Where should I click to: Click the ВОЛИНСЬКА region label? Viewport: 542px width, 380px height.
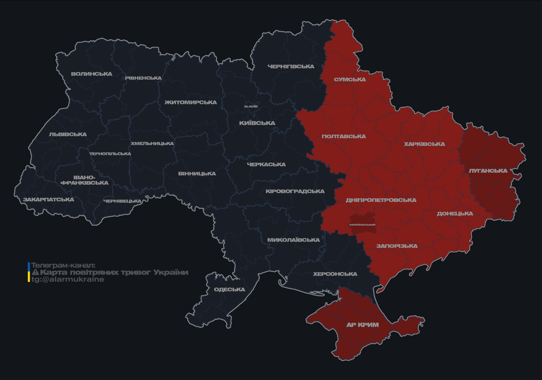click(92, 74)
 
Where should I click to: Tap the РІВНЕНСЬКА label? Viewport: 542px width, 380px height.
click(143, 78)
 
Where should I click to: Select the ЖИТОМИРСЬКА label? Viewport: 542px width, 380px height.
click(191, 102)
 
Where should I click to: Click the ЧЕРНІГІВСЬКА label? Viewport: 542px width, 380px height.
click(291, 66)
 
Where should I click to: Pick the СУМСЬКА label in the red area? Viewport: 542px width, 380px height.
click(350, 79)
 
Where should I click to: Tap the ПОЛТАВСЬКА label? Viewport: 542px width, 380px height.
click(343, 137)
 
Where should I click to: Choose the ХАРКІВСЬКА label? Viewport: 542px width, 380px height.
click(424, 144)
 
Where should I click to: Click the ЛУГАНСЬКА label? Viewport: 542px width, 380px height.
click(488, 171)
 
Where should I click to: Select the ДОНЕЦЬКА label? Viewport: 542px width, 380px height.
click(455, 214)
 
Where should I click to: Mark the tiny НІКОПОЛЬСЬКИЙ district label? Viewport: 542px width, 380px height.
click(362, 225)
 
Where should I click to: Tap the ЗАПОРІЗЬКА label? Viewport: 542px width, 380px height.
click(397, 246)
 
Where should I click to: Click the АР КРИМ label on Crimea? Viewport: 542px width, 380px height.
click(362, 325)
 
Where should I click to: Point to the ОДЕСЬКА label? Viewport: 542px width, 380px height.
click(229, 289)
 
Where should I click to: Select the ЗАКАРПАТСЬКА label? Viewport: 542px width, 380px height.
click(48, 200)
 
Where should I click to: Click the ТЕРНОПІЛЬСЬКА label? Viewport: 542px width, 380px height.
click(110, 154)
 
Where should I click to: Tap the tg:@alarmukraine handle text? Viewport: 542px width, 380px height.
click(68, 280)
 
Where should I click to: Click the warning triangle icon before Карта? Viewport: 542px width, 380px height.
click(35, 273)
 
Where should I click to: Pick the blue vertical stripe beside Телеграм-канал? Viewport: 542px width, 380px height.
click(29, 266)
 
